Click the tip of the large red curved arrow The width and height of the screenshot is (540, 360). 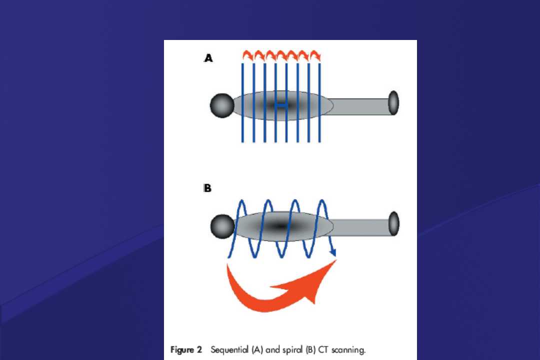point(336,260)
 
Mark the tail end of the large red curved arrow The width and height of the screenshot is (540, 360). point(227,264)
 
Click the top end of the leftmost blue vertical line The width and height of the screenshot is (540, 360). point(243,63)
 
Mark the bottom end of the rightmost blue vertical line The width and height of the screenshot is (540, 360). point(319,142)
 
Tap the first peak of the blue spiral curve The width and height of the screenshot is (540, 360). point(242,200)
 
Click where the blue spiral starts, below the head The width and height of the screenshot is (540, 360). point(228,257)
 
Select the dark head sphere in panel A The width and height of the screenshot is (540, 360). point(222,105)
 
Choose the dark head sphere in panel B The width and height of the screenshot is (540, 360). point(222,226)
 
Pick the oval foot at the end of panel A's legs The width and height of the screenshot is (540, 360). point(393,103)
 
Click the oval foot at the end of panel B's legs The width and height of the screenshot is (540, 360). point(394,224)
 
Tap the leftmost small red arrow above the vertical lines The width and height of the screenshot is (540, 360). point(248,55)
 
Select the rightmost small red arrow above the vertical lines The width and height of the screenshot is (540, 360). point(315,55)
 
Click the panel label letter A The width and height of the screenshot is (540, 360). point(208,58)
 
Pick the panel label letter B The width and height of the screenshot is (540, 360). point(207,188)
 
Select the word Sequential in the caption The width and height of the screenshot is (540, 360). point(229,350)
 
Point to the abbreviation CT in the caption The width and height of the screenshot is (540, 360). point(323,350)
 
